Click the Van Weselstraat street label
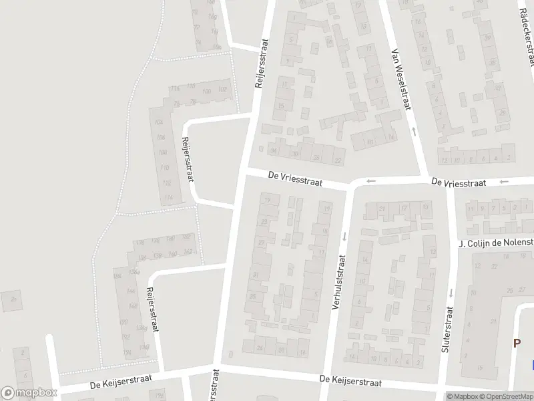[x=402, y=80]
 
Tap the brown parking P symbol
[x=517, y=343]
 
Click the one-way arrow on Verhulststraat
[x=345, y=235]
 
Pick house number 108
[x=161, y=151]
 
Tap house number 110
[x=165, y=167]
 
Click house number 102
[x=222, y=90]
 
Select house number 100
[x=206, y=91]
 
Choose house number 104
[x=158, y=123]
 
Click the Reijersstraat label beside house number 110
[x=188, y=159]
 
